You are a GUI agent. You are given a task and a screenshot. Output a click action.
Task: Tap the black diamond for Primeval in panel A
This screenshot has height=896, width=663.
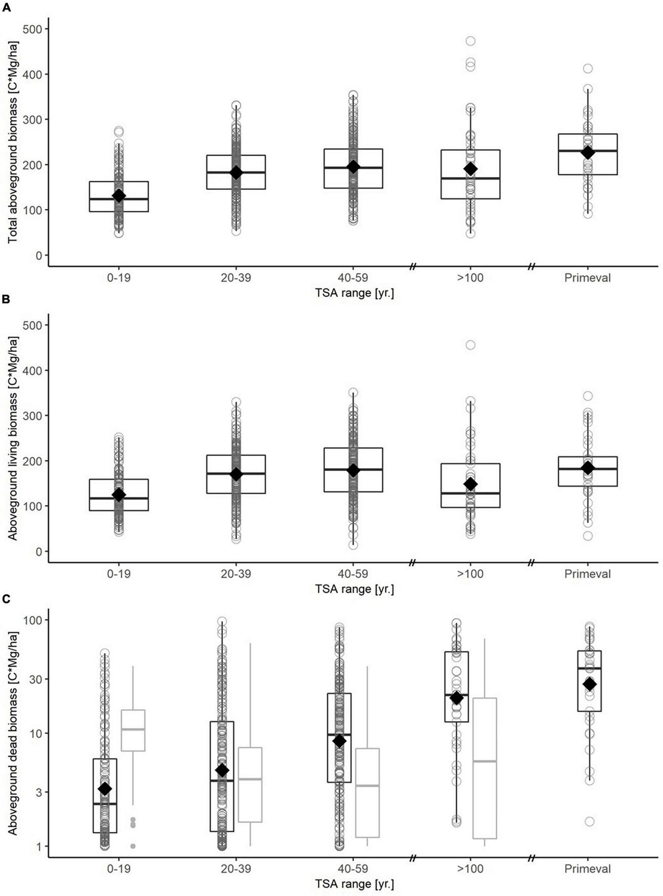tap(588, 153)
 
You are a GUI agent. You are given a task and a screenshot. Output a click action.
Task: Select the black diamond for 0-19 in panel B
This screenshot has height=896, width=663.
tap(119, 495)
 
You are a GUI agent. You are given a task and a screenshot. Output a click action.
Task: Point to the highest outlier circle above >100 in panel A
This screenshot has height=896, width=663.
tap(470, 41)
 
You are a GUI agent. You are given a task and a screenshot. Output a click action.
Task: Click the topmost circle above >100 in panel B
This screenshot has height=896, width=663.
tap(470, 345)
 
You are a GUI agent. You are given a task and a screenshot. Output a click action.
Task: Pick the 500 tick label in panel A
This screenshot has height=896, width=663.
tap(32, 29)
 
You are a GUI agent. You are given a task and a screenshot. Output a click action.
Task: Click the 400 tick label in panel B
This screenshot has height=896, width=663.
tap(32, 371)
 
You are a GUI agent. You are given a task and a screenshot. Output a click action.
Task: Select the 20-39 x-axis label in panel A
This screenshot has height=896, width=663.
tap(236, 278)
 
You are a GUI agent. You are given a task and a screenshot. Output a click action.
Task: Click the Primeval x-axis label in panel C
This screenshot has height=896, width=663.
tap(588, 869)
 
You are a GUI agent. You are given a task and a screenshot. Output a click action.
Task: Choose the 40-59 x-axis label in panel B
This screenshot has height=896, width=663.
tap(353, 574)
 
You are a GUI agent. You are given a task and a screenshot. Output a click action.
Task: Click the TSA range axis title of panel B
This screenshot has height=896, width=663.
tap(354, 589)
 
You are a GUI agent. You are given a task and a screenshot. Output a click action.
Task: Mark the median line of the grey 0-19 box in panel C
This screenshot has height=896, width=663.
tap(133, 729)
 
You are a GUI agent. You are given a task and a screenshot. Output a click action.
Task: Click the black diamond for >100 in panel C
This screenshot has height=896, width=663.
tap(457, 698)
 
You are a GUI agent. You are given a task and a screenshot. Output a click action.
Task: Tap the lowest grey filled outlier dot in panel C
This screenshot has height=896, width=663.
tap(133, 846)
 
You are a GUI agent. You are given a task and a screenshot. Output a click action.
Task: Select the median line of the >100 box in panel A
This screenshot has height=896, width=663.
tap(470, 178)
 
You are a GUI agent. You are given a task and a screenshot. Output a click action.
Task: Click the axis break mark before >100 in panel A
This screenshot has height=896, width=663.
tap(413, 266)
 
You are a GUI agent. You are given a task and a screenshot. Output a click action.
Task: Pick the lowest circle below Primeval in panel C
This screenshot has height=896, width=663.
tap(590, 821)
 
